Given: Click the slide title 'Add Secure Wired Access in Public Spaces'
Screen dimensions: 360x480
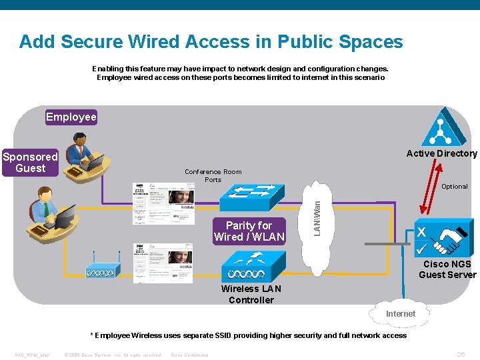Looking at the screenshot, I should coord(211,42).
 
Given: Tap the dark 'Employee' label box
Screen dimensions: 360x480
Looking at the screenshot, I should coord(71,117).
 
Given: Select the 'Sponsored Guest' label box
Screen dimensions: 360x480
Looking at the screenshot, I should coord(31,163).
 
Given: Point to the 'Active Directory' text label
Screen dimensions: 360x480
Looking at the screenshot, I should coord(441,154).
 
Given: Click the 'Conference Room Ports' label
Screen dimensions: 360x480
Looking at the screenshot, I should coord(213,176).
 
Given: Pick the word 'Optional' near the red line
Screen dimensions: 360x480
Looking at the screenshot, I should coord(454,187).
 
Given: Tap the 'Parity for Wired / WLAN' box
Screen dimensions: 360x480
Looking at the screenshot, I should coord(249,231).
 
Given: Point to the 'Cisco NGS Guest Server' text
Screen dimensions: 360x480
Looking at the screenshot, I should coord(447,269).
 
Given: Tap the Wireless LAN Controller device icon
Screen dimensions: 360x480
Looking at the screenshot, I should coord(246,273).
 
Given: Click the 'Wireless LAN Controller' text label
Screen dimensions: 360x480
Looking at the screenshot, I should coord(251,295).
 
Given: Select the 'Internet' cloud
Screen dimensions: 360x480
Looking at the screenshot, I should coord(400,314).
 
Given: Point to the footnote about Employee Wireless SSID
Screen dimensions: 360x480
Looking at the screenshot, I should coord(248,335).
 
